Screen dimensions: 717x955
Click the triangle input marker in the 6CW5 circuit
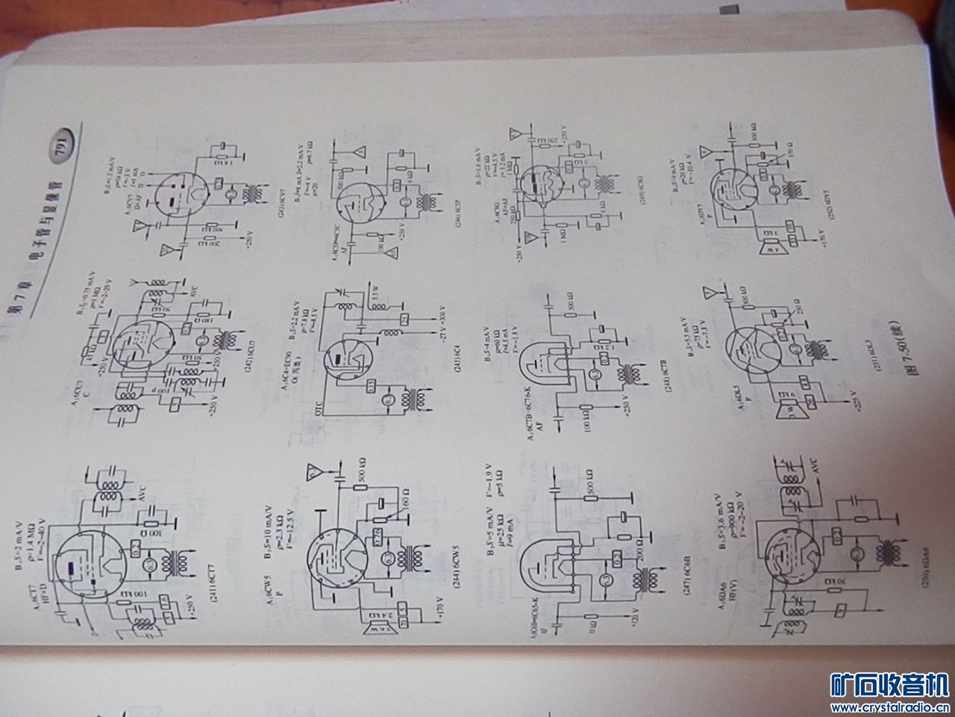tap(313, 471)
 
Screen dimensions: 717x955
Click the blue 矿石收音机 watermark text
tap(889, 684)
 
